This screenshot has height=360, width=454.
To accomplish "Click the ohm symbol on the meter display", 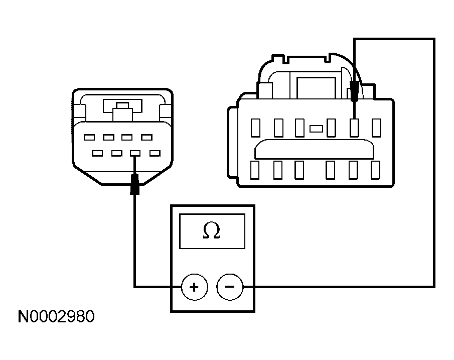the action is tap(211, 230).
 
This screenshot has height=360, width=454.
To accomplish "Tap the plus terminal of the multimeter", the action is tap(194, 287).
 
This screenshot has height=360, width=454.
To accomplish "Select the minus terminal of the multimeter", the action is tap(230, 287).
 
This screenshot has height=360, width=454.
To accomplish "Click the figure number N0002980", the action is tap(56, 316).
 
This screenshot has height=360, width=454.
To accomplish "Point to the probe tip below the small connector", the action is tap(134, 184).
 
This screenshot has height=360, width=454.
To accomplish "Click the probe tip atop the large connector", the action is tap(354, 91).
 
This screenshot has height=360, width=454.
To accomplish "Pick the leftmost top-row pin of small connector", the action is tap(89, 137).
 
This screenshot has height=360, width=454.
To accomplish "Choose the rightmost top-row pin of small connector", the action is tap(147, 137).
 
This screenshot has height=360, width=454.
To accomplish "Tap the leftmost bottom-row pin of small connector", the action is tap(97, 153).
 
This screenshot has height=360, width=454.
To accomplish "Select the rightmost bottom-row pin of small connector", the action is tap(155, 153).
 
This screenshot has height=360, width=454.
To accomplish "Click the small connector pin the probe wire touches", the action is tap(135, 153).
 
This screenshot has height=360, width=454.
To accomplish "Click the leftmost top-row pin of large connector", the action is tap(255, 128).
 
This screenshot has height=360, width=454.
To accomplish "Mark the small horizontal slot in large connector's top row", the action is tap(316, 129).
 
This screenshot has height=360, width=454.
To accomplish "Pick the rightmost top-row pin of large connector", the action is tap(376, 128).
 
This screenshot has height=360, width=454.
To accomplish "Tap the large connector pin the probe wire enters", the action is tap(354, 128).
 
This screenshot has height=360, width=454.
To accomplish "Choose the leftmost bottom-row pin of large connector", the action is tap(255, 170).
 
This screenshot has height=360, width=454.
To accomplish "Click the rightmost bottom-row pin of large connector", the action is tap(376, 170).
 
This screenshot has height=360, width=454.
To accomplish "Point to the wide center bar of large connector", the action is tap(314, 149).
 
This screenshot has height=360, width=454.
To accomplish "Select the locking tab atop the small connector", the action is tap(122, 111).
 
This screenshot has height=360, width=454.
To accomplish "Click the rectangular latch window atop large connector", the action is tap(316, 88).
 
